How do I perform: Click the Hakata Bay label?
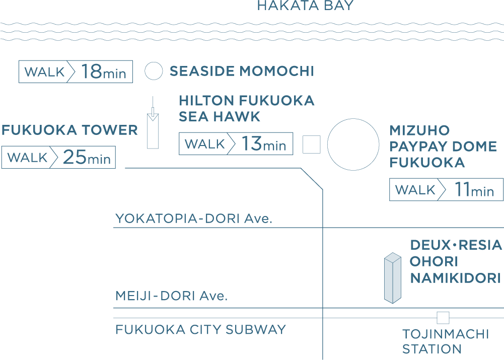click(305, 6)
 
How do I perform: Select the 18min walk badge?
click(76, 71)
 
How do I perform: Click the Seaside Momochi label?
click(242, 71)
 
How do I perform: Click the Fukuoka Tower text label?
click(69, 130)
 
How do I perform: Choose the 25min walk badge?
click(58, 157)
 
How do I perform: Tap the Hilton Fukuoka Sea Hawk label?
click(246, 109)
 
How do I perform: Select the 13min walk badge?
click(236, 143)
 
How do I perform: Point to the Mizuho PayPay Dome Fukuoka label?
click(443, 146)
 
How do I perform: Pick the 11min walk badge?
click(446, 189)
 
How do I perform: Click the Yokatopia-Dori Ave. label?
click(193, 219)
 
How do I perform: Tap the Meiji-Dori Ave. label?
click(171, 296)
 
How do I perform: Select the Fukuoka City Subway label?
click(200, 329)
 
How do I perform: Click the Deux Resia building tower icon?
click(393, 278)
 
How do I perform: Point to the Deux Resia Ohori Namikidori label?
click(456, 262)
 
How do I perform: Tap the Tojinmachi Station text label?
click(446, 341)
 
